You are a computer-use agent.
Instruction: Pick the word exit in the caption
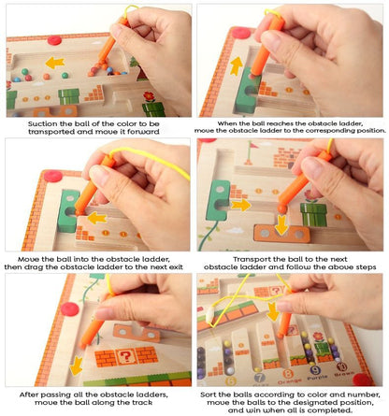(176, 267)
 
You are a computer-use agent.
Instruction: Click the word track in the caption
(142, 402)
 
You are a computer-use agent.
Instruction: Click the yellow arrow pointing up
(237, 66)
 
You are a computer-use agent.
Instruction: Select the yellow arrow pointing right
(241, 205)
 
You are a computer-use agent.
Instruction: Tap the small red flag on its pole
(252, 149)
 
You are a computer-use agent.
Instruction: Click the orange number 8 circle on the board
(288, 374)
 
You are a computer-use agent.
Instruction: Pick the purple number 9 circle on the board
(315, 370)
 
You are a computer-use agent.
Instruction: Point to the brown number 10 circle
(341, 366)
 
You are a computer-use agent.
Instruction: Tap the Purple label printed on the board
(317, 378)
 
